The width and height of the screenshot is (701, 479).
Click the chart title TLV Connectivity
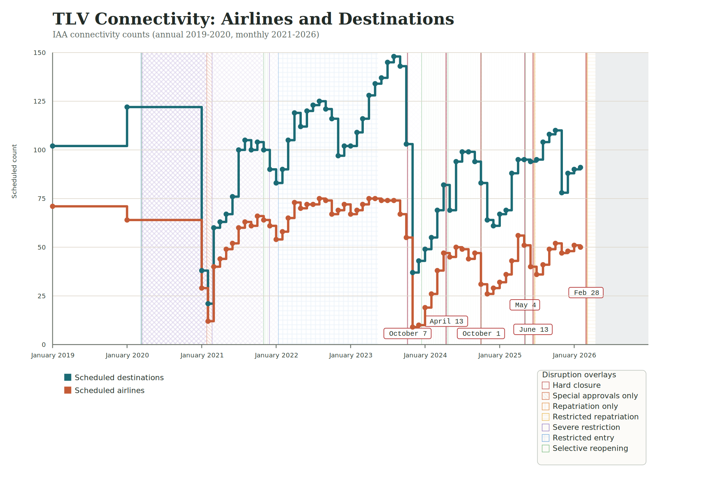[x=253, y=19]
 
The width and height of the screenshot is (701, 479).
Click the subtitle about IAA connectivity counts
[x=186, y=35]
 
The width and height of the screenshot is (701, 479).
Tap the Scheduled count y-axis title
[x=14, y=171]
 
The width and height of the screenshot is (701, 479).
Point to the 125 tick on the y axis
[x=40, y=101]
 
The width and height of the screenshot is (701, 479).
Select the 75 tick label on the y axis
[x=42, y=199]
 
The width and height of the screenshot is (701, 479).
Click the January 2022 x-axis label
[x=276, y=355]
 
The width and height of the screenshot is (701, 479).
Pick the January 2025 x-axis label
[x=499, y=355]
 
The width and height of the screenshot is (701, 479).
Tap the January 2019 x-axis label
[x=53, y=355]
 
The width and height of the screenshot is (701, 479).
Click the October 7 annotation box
[x=408, y=334]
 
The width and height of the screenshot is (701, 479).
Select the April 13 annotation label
[x=446, y=321]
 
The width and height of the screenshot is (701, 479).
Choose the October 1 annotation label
[x=481, y=334]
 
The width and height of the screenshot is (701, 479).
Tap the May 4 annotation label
[x=525, y=305]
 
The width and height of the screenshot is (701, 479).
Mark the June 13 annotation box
[x=533, y=330]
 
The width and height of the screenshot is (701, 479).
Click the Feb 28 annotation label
[x=586, y=293]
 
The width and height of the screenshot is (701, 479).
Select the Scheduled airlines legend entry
[x=109, y=391]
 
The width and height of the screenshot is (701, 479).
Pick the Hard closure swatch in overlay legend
[x=545, y=385]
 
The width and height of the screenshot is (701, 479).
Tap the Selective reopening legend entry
[x=590, y=449]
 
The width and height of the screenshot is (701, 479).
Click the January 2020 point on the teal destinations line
[x=127, y=107]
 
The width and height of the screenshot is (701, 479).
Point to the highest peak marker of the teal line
[x=394, y=57]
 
